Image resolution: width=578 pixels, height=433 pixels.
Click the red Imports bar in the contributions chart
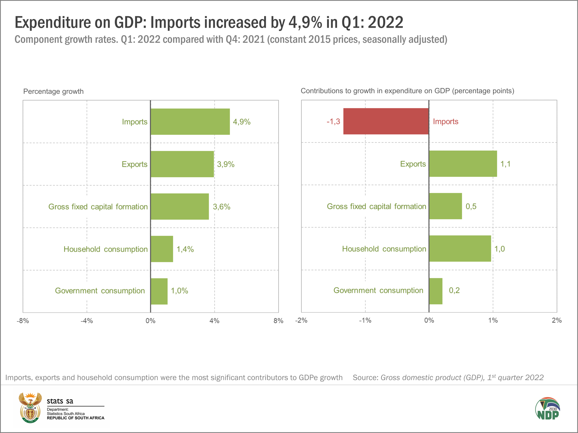(386, 121)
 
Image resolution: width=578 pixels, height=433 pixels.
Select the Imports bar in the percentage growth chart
(190, 122)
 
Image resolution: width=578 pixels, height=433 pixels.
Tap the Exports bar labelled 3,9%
(182, 164)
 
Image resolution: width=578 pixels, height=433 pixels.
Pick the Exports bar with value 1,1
(463, 164)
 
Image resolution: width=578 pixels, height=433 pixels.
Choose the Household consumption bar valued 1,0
(460, 249)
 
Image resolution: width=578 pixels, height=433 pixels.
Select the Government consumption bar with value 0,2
(436, 291)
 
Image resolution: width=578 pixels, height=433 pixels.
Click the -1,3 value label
(333, 122)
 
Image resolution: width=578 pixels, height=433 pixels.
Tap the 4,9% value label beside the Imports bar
(242, 122)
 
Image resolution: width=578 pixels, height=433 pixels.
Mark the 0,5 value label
(471, 206)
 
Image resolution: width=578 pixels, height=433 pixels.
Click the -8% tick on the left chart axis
(23, 321)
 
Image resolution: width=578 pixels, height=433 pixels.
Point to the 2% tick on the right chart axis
(557, 320)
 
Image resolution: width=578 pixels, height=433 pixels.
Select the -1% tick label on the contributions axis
(365, 320)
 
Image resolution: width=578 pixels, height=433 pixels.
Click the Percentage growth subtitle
(53, 92)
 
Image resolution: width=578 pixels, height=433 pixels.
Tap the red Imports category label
(445, 122)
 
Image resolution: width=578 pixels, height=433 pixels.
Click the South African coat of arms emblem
(30, 408)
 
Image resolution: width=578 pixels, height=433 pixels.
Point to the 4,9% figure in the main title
(305, 23)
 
